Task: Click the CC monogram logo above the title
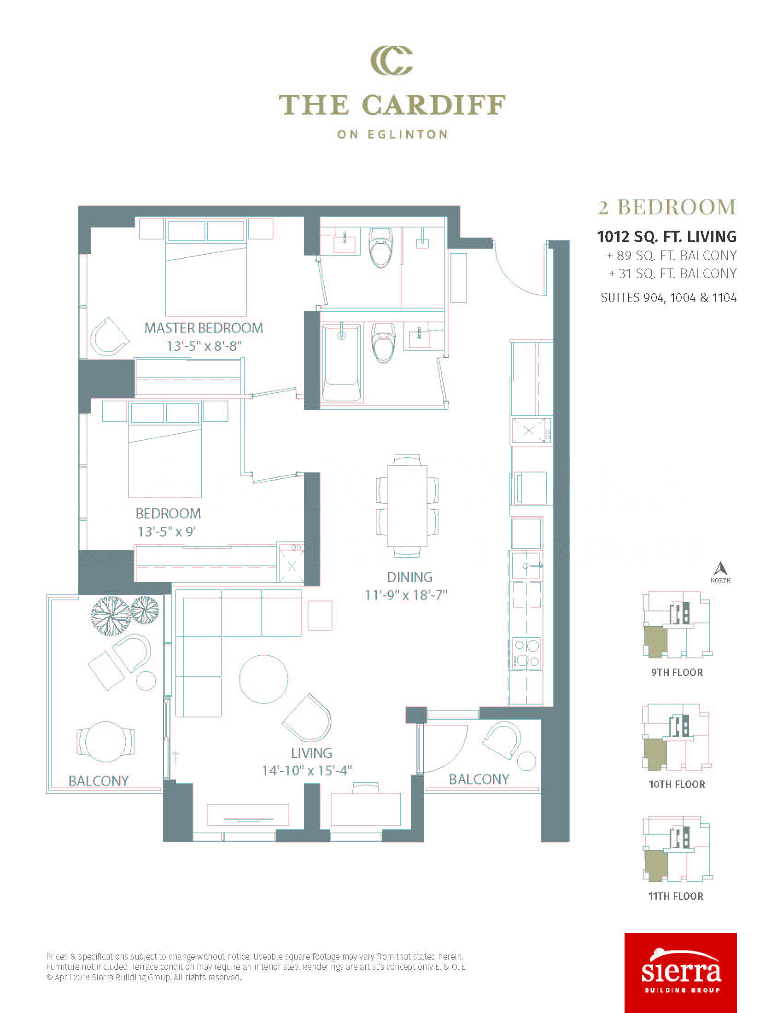[391, 60]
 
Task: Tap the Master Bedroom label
[204, 328]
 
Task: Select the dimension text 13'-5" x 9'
[167, 531]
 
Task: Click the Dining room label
[409, 577]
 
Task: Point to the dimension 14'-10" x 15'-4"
[307, 770]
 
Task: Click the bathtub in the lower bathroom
[342, 363]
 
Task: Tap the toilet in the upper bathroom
[381, 248]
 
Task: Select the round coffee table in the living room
[263, 679]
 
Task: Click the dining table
[407, 506]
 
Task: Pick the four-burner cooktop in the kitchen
[526, 653]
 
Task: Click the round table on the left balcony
[106, 742]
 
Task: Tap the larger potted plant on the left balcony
[111, 616]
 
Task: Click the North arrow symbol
[720, 569]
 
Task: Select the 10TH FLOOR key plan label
[677, 784]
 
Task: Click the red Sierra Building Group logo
[680, 972]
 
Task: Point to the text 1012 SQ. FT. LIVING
[667, 237]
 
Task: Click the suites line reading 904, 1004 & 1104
[668, 298]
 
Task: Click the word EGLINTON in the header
[408, 134]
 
